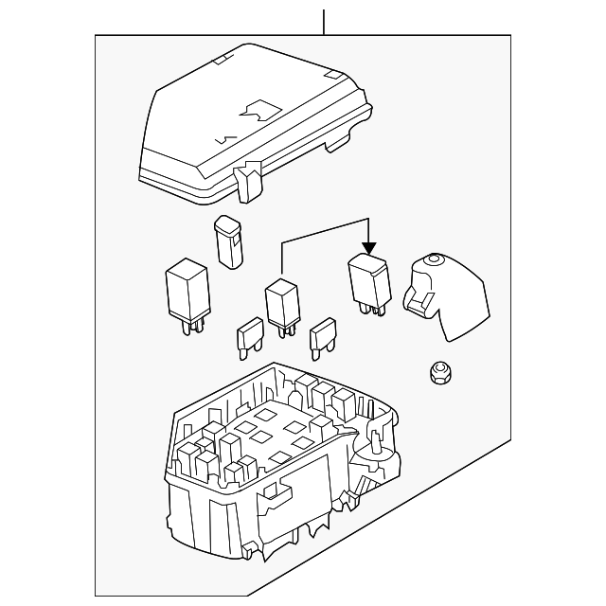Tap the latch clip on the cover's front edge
click(250, 181)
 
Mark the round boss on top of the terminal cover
click(436, 259)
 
